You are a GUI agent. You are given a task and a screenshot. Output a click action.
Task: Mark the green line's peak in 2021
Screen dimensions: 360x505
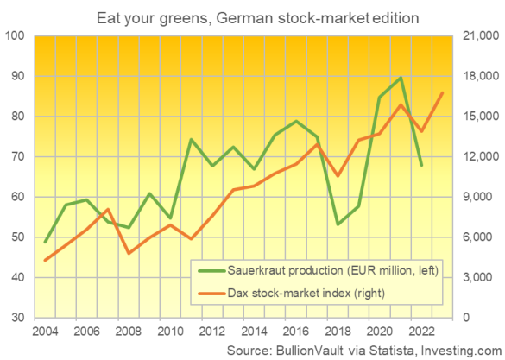click(x=401, y=78)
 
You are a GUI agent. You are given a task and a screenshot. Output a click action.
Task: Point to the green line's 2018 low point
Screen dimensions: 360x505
click(x=338, y=224)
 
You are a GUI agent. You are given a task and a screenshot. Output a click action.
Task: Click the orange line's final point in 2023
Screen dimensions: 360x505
click(x=443, y=93)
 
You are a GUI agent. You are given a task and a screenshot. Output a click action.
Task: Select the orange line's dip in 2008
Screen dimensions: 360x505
click(x=129, y=253)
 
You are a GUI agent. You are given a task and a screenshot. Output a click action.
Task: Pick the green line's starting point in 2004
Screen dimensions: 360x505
click(x=46, y=242)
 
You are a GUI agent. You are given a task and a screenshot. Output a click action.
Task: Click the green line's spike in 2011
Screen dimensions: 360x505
click(x=192, y=139)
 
